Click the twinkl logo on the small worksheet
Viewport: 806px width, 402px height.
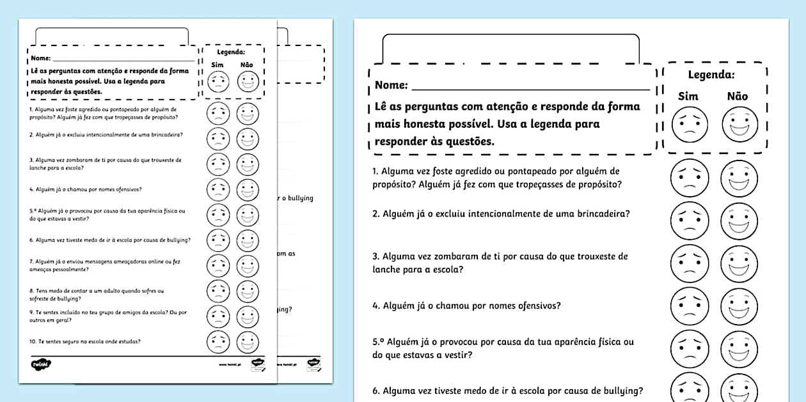click(x=42, y=365)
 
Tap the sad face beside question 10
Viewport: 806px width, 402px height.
click(x=218, y=342)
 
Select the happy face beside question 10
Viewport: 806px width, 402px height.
click(x=248, y=342)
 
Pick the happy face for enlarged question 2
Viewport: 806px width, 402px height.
click(x=739, y=221)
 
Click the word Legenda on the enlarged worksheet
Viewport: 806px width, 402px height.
click(x=711, y=75)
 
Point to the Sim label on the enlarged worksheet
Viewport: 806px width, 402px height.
click(x=688, y=97)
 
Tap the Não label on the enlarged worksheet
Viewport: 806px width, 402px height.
click(x=738, y=97)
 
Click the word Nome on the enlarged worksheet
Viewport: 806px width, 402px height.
click(x=391, y=85)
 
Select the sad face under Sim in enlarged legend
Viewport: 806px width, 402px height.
click(x=690, y=125)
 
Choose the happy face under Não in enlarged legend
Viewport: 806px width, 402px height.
click(x=739, y=125)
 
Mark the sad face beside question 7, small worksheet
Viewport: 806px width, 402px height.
click(x=218, y=266)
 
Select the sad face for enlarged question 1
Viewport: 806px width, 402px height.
click(x=690, y=178)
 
